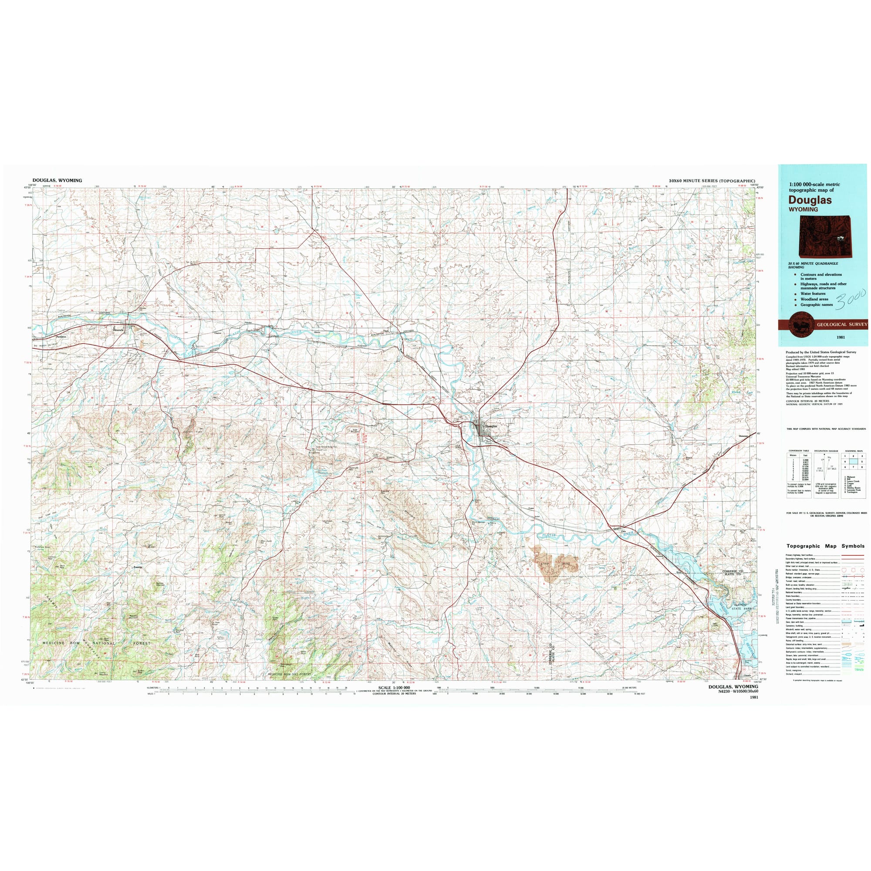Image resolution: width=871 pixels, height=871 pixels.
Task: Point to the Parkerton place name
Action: (62, 337)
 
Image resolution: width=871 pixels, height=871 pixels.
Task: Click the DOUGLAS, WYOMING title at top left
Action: (57, 180)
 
